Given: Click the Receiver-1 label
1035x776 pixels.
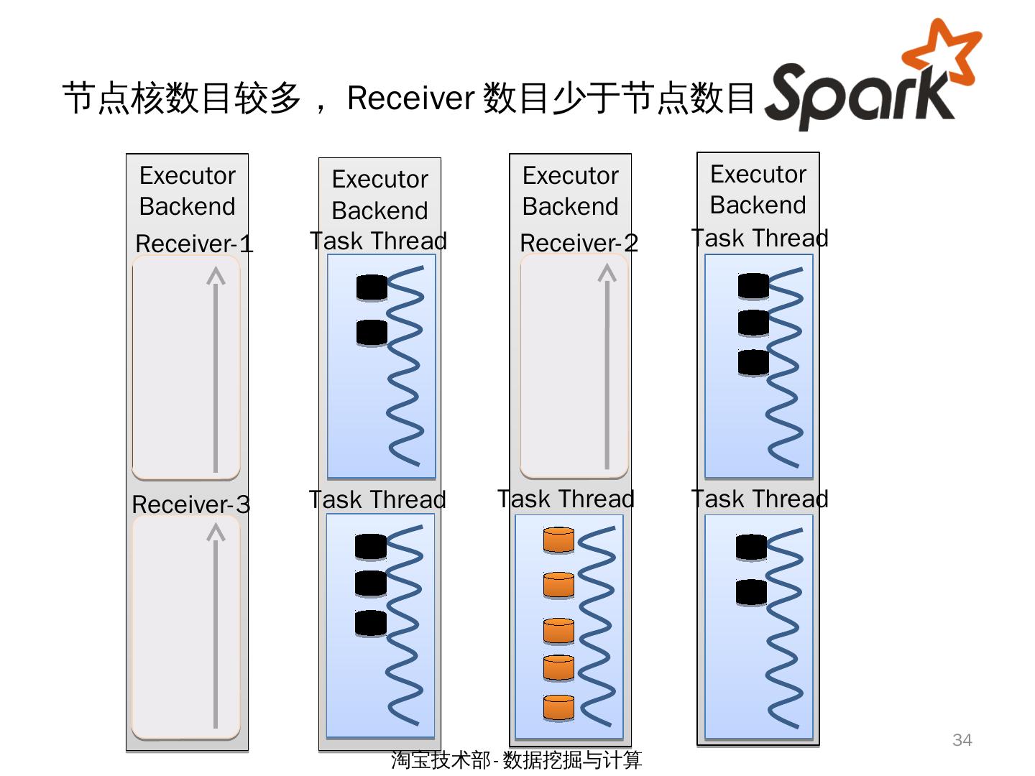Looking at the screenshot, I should pos(194,244).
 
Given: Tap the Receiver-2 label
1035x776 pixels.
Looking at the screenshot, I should pos(579,243).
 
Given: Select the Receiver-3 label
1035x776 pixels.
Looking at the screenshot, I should pos(191,504).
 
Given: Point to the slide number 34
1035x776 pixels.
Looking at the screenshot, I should pos(962,740).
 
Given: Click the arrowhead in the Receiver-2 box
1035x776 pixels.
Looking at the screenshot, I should pos(607,274).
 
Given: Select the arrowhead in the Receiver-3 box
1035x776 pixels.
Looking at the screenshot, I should pos(216,532).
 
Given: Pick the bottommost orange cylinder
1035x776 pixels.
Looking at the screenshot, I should pos(558,707).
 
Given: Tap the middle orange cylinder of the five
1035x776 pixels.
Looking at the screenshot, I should pos(558,630).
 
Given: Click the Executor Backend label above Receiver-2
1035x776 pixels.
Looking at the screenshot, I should pos(570,190).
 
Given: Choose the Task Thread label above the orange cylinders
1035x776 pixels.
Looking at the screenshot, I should pos(566,499).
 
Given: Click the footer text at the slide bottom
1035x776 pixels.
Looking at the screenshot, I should pos(516,759).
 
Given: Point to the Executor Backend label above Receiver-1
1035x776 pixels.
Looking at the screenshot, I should pos(187,190).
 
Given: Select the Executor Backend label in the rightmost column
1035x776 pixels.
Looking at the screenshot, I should pos(758,189).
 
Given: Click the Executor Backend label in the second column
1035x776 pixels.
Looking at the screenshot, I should pos(379,194).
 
